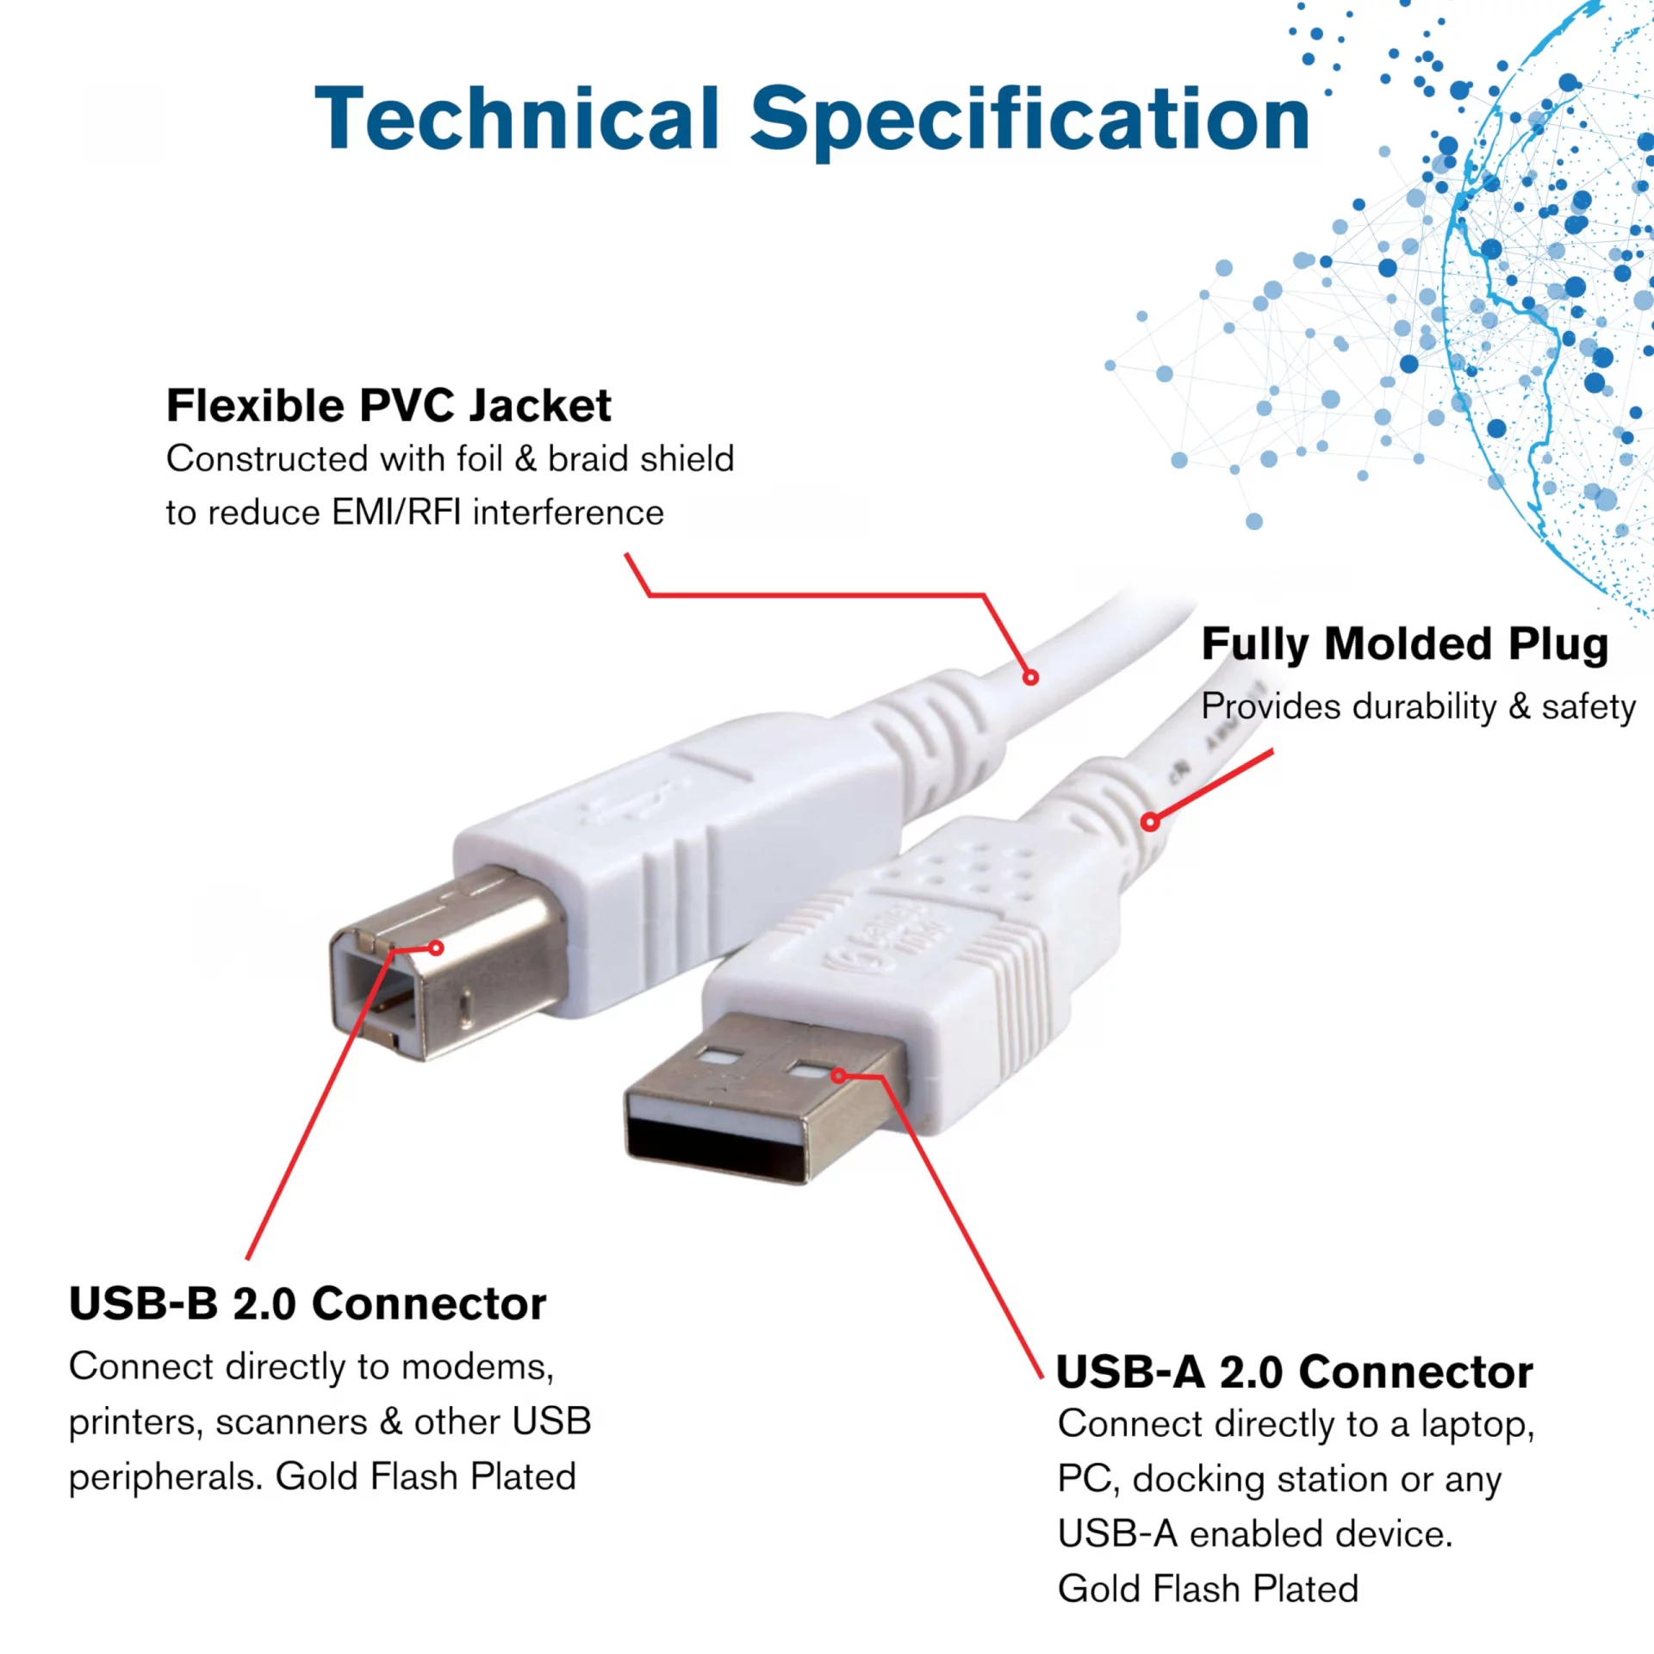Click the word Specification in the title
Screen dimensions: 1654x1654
pos(1029,121)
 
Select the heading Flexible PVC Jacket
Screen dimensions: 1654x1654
pos(389,406)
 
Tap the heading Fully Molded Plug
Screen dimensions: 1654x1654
pos(1405,644)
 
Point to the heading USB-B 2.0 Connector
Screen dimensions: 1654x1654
pos(308,1303)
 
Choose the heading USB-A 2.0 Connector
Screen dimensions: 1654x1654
pos(1295,1371)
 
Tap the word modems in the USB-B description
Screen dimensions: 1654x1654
pos(477,1368)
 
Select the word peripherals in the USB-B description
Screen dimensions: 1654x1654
pos(165,1478)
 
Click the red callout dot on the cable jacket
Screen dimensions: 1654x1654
pos(1030,677)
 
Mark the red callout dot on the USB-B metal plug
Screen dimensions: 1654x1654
pos(437,948)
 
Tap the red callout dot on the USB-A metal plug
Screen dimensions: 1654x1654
pos(838,1076)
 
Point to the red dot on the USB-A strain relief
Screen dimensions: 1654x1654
pos(1150,822)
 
